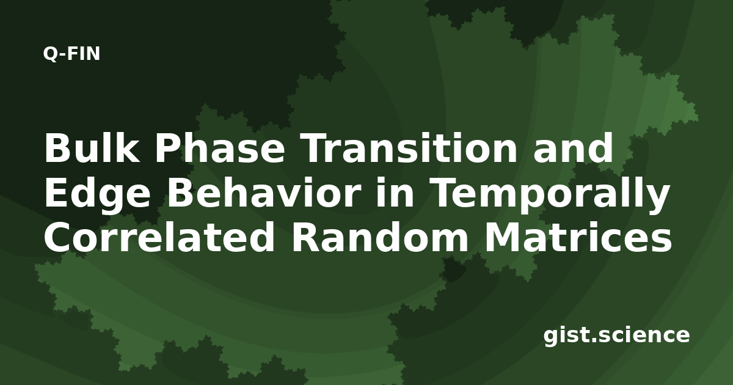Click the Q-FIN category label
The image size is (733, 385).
tap(71, 54)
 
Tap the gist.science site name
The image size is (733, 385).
tap(616, 336)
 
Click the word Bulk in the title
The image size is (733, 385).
tap(92, 148)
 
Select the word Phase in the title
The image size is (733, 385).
tap(220, 148)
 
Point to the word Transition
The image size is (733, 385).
tap(409, 148)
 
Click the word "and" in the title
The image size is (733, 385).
tap(573, 148)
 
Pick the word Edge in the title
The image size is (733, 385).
tap(98, 196)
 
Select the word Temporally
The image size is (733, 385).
tap(549, 196)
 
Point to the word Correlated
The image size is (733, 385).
tap(159, 237)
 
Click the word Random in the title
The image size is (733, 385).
tap(380, 237)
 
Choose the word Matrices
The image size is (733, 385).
tap(578, 237)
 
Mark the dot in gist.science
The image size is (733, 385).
tap(593, 340)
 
